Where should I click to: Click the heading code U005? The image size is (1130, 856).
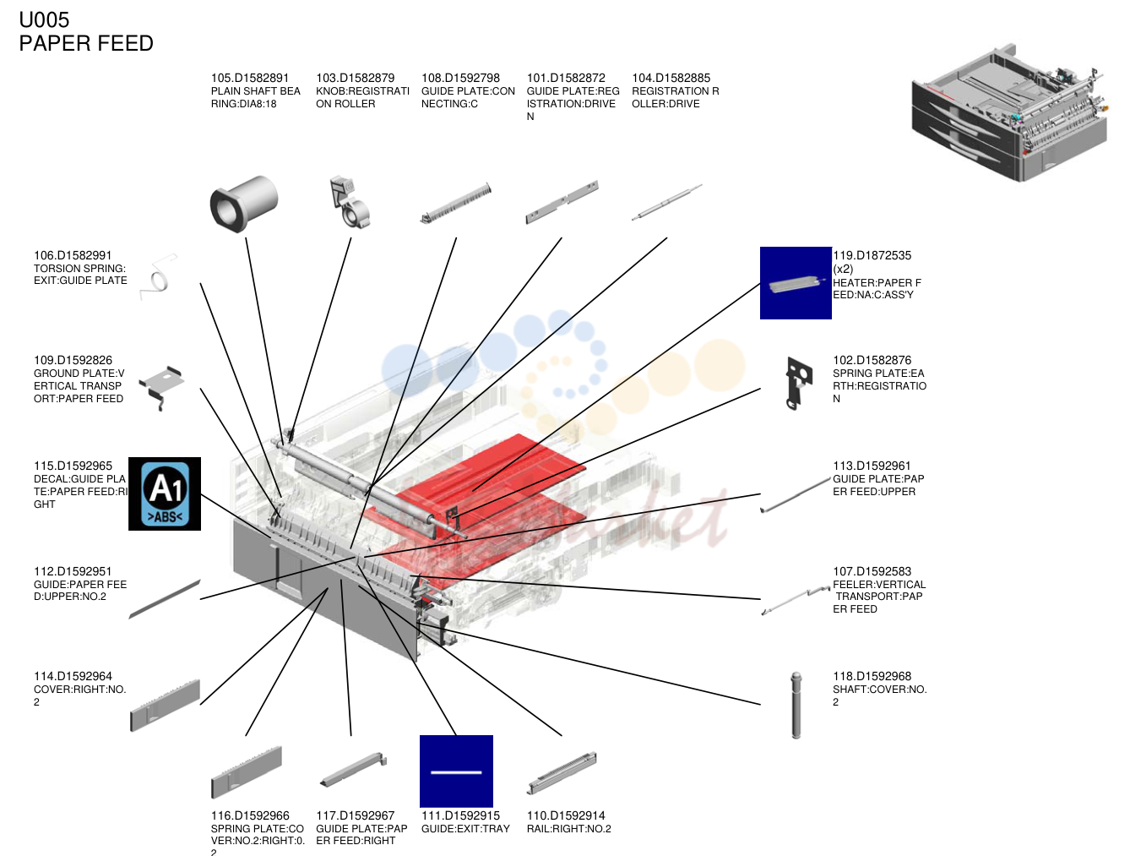pos(44,20)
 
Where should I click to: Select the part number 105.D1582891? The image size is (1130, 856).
pos(250,78)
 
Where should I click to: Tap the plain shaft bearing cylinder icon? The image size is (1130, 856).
pos(243,204)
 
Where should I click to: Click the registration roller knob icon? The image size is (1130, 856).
pos(350,202)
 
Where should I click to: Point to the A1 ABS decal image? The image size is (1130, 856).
pos(165,493)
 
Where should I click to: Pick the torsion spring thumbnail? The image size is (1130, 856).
pos(159,276)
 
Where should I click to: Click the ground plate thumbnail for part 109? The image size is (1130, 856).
pos(161,387)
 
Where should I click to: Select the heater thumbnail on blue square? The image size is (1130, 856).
pos(796,283)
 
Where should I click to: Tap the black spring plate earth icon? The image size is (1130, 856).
pos(798,383)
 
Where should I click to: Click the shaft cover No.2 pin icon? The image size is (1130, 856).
pos(796,705)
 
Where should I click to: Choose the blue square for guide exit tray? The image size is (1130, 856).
pos(456,771)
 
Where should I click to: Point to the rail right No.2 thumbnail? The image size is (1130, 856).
pos(562,772)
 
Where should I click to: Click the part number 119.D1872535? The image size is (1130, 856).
pos(872,255)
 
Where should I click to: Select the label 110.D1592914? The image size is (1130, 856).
pos(565,815)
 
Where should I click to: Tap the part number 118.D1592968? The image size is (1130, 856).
pos(872,676)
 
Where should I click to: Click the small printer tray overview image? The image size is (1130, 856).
pos(1009,112)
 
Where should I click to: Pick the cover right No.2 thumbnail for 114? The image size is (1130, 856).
pos(165,705)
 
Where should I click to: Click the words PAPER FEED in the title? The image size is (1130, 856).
pos(86,43)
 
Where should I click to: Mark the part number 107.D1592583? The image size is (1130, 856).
pos(872,571)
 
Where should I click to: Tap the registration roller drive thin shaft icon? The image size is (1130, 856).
pos(666,203)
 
